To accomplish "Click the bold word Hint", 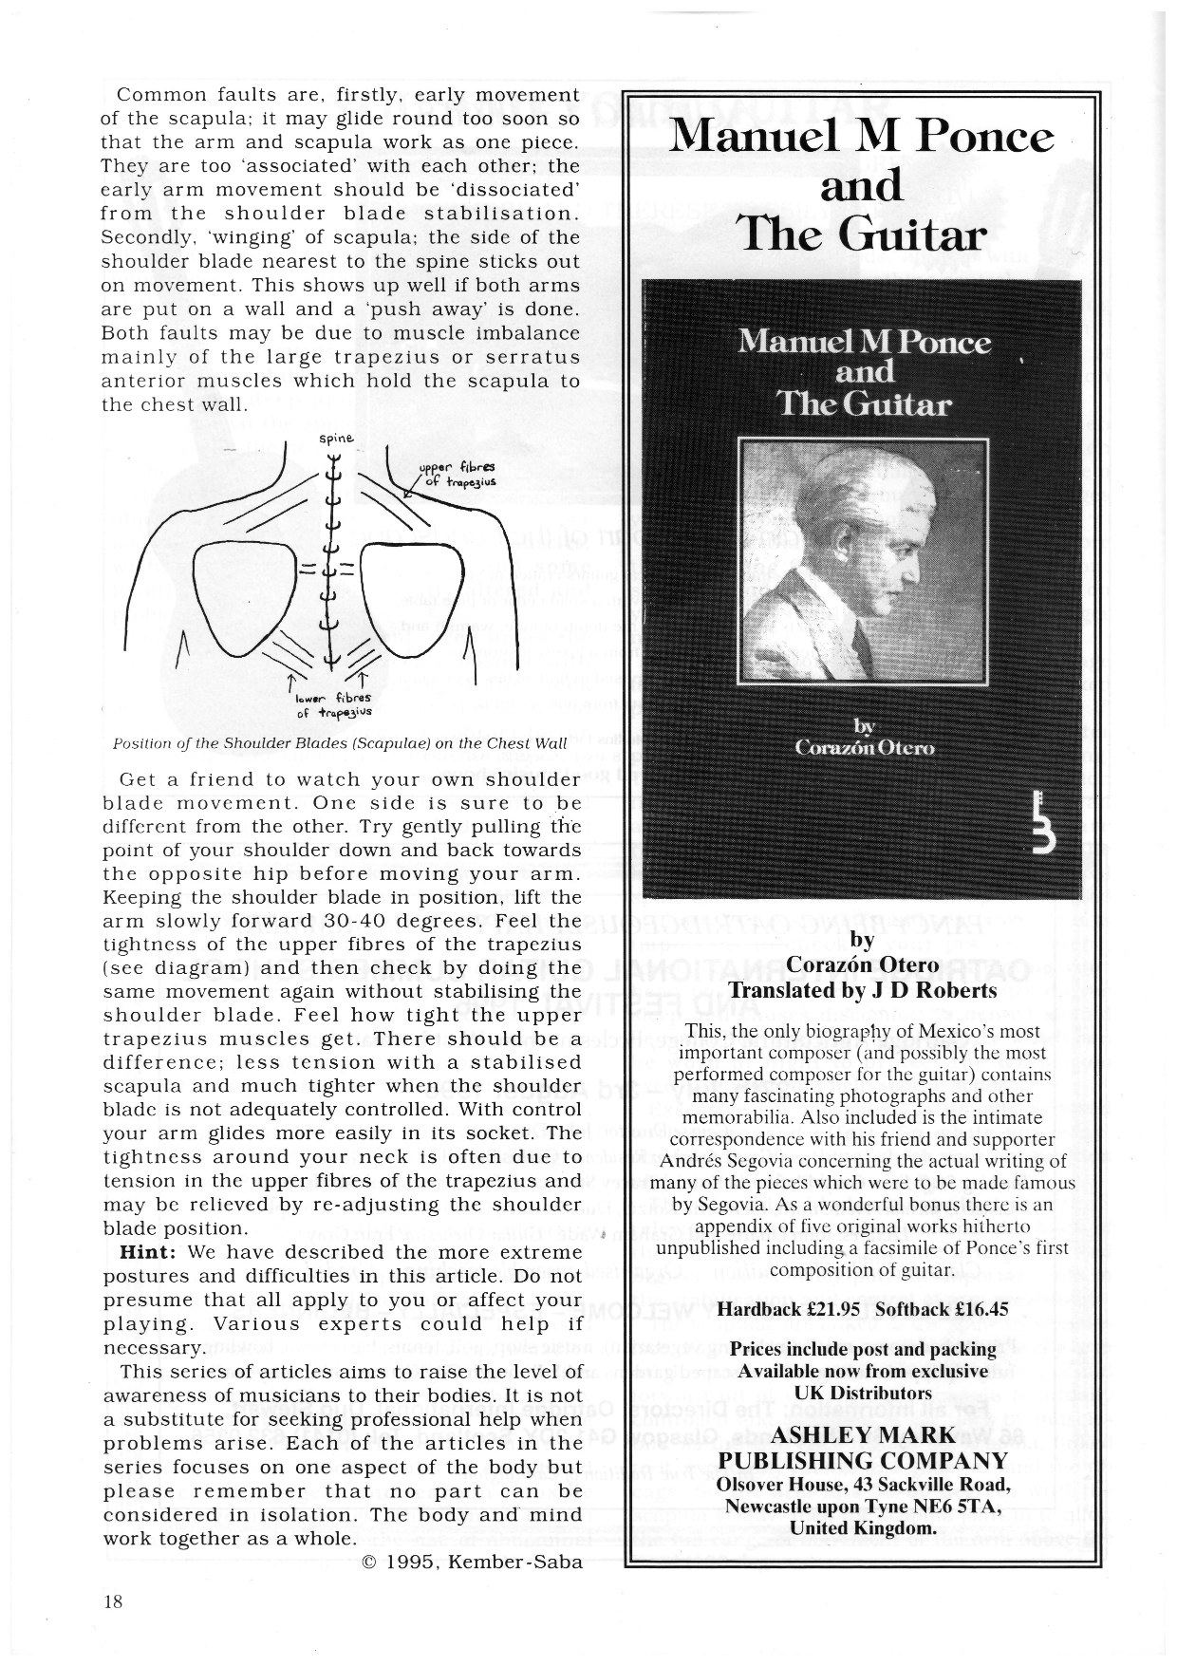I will (147, 1251).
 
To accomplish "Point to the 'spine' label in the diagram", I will (335, 439).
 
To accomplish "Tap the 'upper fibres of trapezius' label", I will (458, 474).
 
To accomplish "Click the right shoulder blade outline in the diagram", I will (410, 598).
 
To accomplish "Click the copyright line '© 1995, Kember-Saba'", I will (472, 1563).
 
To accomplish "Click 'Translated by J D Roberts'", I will (862, 990).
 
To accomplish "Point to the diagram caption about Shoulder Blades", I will (340, 743).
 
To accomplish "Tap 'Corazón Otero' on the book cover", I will (864, 747).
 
